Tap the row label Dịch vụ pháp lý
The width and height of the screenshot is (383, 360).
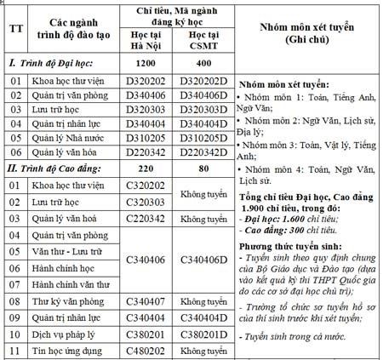(x=64, y=334)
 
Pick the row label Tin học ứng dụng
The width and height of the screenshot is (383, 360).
(x=66, y=350)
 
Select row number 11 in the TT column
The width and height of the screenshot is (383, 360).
(x=14, y=350)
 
